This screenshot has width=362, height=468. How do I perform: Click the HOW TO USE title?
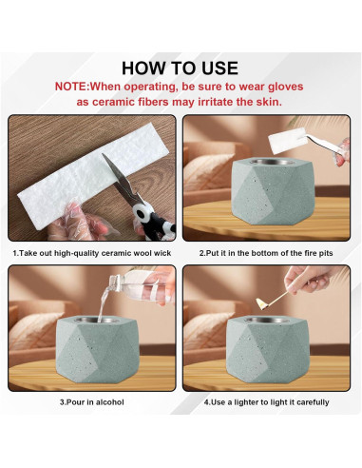pyautogui.click(x=180, y=68)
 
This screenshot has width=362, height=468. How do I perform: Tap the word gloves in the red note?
pyautogui.click(x=286, y=87)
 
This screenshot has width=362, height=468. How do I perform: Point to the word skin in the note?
pyautogui.click(x=267, y=102)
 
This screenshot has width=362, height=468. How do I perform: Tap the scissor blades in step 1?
pyautogui.click(x=120, y=177)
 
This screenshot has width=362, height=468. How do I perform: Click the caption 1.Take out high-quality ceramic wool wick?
pyautogui.click(x=92, y=253)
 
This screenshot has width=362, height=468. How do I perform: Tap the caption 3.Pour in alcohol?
pyautogui.click(x=92, y=402)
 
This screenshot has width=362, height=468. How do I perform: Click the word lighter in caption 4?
pyautogui.click(x=246, y=402)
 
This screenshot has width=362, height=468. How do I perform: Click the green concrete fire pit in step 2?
pyautogui.click(x=273, y=191)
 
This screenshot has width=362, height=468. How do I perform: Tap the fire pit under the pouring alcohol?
pyautogui.click(x=97, y=349)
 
